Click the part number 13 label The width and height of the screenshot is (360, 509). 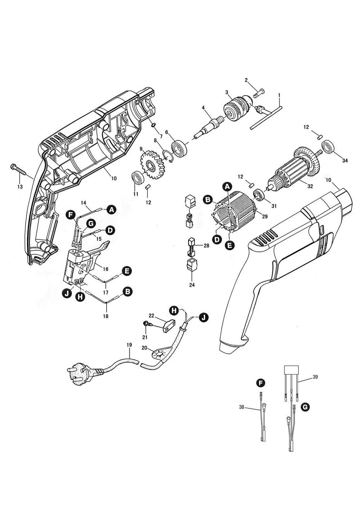(x=20, y=187)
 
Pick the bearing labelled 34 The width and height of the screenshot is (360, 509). (x=329, y=148)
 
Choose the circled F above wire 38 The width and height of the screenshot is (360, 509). (x=261, y=383)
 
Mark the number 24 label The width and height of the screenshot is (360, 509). (x=192, y=285)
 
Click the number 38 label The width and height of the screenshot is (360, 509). (x=242, y=408)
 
